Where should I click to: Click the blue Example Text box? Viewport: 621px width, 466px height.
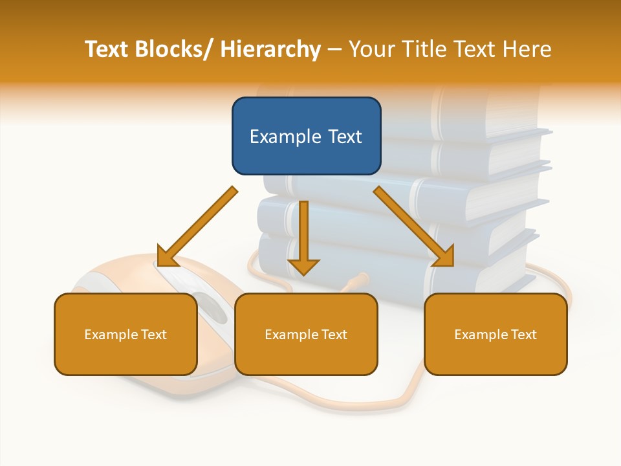tap(306, 136)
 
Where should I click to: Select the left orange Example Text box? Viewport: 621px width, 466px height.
tap(125, 334)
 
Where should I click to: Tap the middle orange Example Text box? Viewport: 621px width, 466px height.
tap(306, 334)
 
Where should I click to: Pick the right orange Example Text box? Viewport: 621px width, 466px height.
tap(496, 334)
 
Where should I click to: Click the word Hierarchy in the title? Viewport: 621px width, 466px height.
tap(270, 49)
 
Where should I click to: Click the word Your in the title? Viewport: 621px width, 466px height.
tap(369, 49)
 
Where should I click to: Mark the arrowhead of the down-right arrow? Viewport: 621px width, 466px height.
tap(444, 256)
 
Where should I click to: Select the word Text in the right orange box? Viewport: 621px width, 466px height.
tap(523, 334)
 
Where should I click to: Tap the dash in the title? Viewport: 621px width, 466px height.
tap(334, 49)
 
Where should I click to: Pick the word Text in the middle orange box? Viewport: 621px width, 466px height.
tap(333, 334)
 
